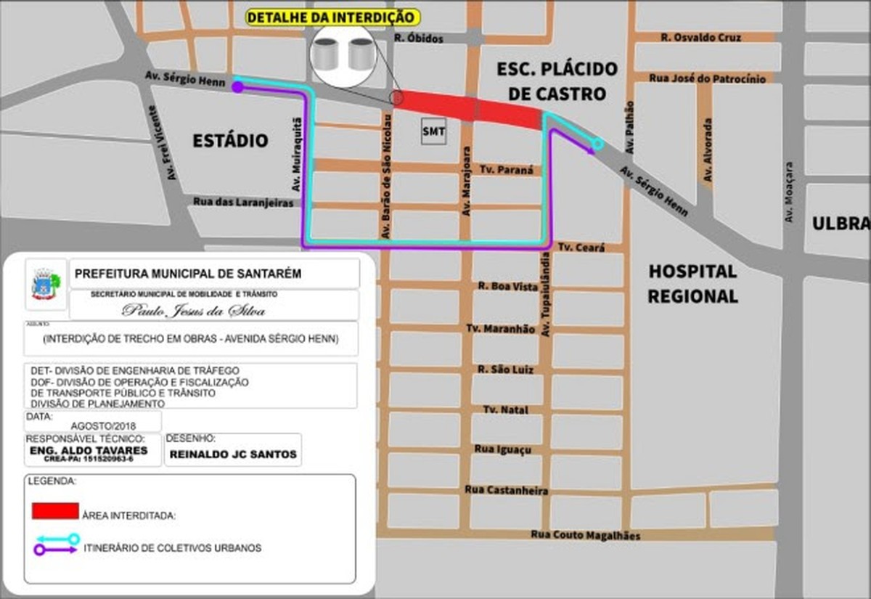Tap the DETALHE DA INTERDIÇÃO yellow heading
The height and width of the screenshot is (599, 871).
click(x=333, y=17)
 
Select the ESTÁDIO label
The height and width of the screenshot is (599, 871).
click(x=230, y=141)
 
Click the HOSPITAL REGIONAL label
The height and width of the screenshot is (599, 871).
click(x=692, y=284)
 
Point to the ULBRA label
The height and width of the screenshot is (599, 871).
click(x=841, y=224)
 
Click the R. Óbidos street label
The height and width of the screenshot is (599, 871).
click(x=419, y=38)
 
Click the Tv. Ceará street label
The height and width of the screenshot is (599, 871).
click(x=580, y=248)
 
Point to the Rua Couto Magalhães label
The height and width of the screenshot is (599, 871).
click(x=586, y=535)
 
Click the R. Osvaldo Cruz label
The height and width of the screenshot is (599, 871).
click(x=700, y=37)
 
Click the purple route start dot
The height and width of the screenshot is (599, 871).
click(x=237, y=87)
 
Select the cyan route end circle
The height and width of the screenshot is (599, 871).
click(x=597, y=144)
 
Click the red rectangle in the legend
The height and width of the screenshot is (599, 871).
click(x=55, y=510)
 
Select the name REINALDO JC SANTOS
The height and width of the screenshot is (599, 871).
click(x=233, y=455)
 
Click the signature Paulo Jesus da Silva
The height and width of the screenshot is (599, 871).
click(x=193, y=311)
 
